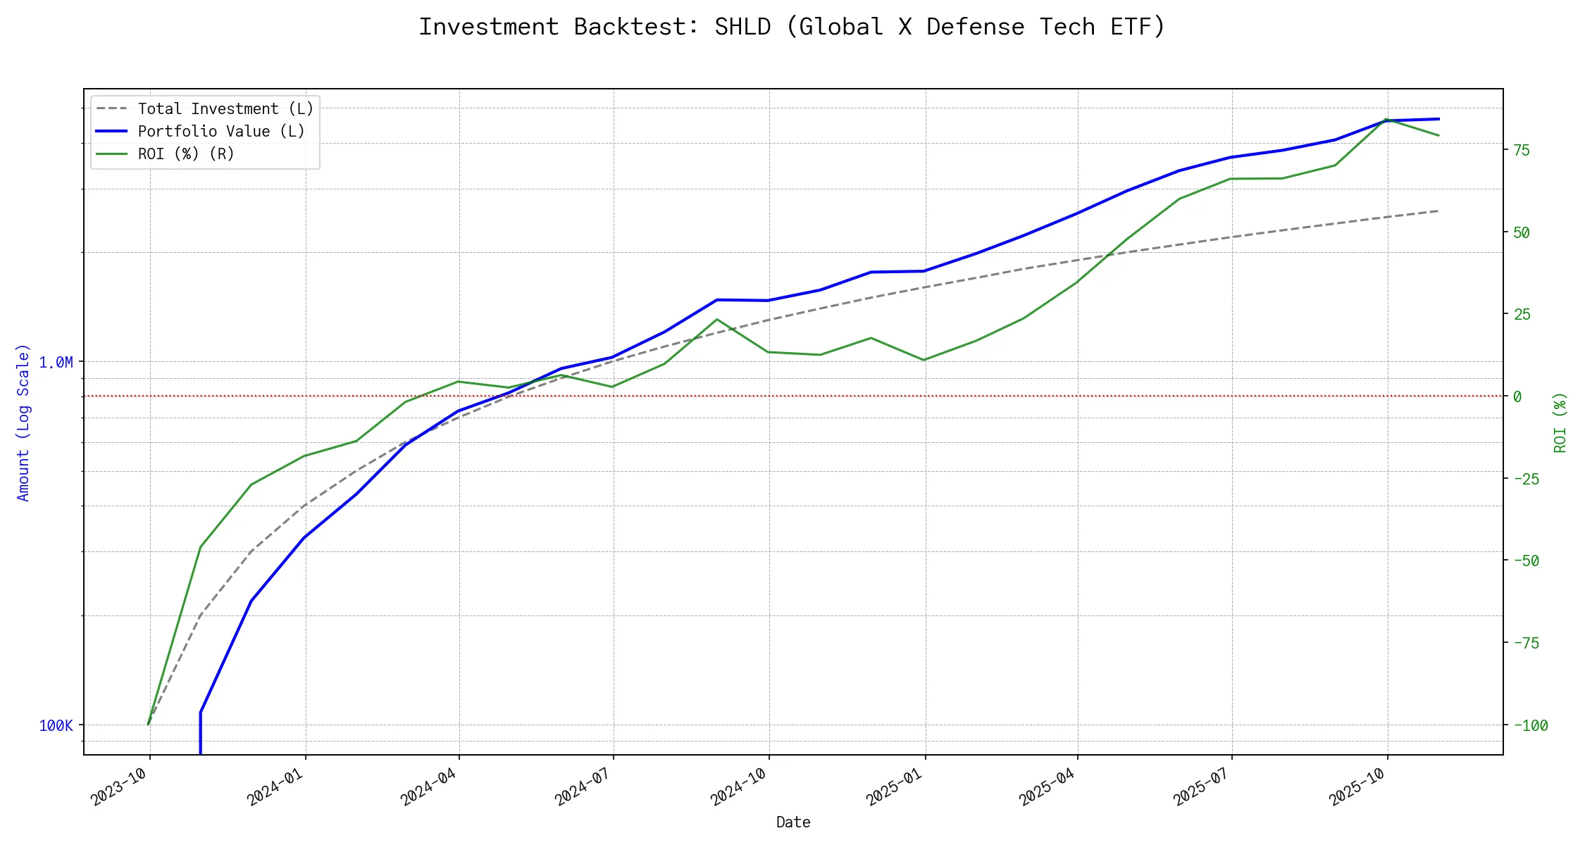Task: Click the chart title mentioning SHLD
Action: click(x=792, y=27)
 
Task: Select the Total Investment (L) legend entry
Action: click(x=225, y=109)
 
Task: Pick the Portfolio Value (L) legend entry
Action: click(x=221, y=132)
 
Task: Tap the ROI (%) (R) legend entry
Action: click(x=186, y=154)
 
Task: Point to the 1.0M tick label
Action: click(x=56, y=363)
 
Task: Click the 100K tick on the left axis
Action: click(x=56, y=726)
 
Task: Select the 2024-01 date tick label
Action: click(x=275, y=787)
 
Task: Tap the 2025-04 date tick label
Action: click(x=1048, y=787)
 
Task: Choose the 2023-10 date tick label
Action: click(x=120, y=787)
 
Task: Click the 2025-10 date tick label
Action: click(x=1357, y=787)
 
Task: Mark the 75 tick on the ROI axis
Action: click(x=1522, y=150)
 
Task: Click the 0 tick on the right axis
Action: click(x=1517, y=397)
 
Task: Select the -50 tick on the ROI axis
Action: click(x=1525, y=561)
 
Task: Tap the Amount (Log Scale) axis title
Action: click(x=23, y=423)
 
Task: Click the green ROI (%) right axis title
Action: click(x=1560, y=423)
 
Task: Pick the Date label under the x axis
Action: click(x=793, y=822)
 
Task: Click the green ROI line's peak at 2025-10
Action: click(x=1386, y=120)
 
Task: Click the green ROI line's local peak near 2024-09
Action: click(x=717, y=320)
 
